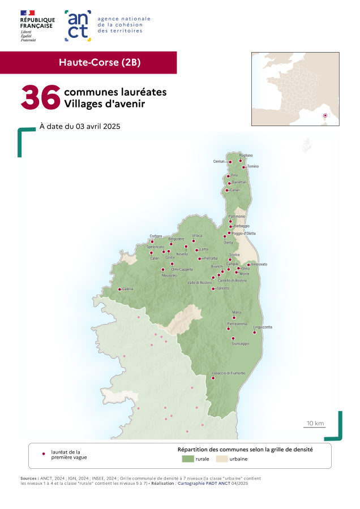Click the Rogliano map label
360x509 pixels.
(x=246, y=155)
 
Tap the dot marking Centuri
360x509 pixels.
(x=230, y=162)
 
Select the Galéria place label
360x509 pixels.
(x=127, y=289)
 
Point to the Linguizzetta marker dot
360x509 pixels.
(x=254, y=332)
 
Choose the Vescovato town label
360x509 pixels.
(x=259, y=264)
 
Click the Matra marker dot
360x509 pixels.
(x=234, y=317)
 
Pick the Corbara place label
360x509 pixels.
(x=156, y=236)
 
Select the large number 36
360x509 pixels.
(x=40, y=97)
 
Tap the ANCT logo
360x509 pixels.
(x=78, y=25)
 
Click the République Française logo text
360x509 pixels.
(x=36, y=23)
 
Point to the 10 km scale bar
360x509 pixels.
(x=315, y=428)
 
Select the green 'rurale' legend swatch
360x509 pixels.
(x=188, y=459)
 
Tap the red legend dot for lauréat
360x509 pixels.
(x=44, y=454)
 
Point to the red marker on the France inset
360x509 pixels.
(x=325, y=116)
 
